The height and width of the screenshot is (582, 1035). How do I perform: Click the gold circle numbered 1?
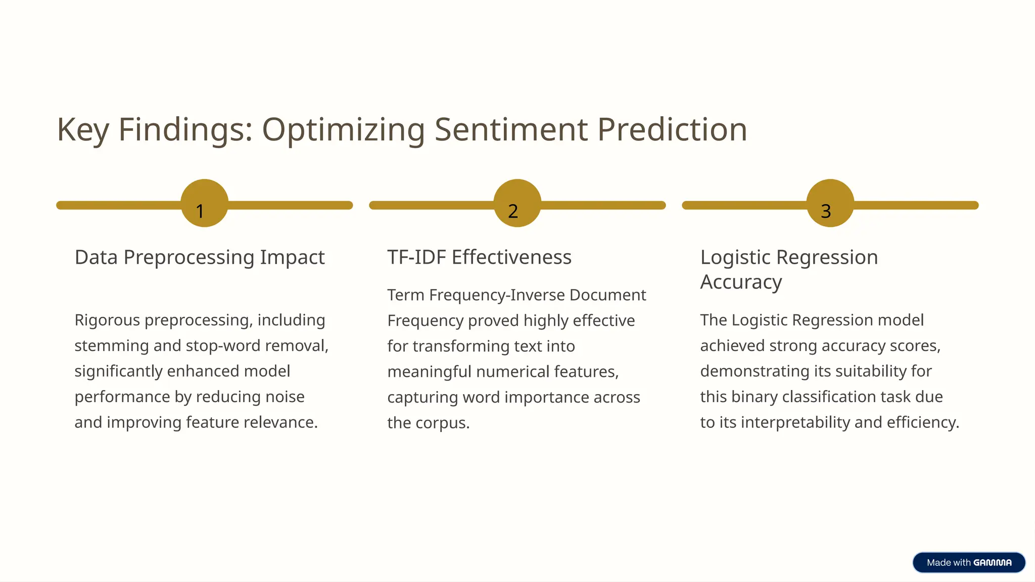tap(204, 203)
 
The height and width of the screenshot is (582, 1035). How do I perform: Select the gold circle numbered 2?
tap(517, 203)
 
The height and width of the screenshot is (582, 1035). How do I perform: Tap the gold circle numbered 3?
tap(830, 203)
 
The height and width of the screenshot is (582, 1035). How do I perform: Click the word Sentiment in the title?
tap(510, 129)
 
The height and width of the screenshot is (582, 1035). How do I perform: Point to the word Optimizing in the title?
tap(344, 130)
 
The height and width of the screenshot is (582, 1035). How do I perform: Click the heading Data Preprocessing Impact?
tap(199, 258)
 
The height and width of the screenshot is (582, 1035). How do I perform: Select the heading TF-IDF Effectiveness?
tap(479, 258)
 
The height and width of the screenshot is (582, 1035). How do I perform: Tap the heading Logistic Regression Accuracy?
tap(788, 269)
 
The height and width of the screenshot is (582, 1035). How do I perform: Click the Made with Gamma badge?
tap(969, 562)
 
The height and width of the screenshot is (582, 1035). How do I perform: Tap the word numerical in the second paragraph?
tap(512, 372)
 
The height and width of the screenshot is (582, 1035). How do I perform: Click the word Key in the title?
tap(82, 130)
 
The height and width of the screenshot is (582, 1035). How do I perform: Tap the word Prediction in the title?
tap(672, 129)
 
